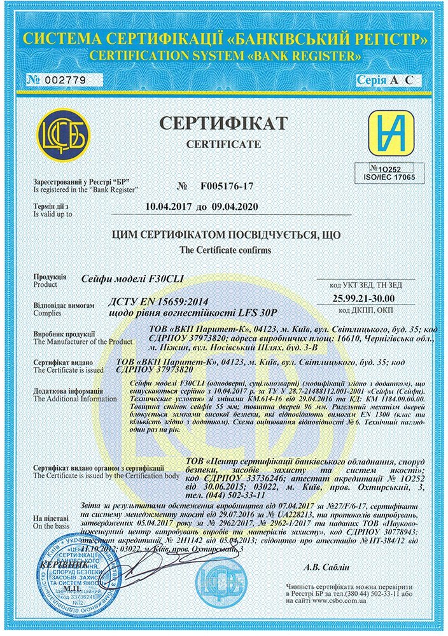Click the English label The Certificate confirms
point(225,250)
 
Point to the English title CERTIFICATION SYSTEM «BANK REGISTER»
point(223,56)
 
